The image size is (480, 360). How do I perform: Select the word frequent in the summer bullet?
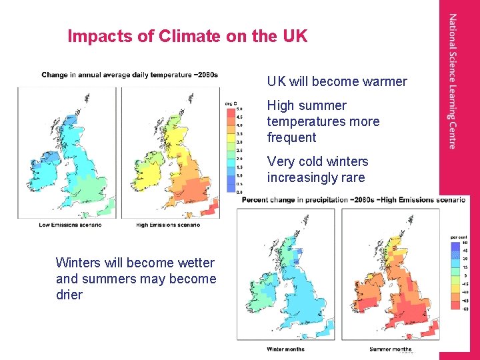coord(292,138)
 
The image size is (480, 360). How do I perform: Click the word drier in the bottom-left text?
coord(69,295)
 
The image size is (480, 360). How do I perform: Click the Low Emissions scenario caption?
coord(70,225)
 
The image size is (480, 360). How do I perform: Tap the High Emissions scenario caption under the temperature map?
coord(167,225)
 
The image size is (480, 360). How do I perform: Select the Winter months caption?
coord(285,349)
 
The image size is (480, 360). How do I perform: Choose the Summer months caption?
coord(391,349)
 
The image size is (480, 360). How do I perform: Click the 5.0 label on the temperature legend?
coord(239,109)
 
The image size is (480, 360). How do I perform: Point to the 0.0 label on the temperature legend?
coord(239,192)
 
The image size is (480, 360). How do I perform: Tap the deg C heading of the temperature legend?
coord(230,103)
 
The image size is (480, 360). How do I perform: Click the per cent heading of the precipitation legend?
coord(458,237)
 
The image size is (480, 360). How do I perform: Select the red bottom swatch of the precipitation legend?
coord(459,309)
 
